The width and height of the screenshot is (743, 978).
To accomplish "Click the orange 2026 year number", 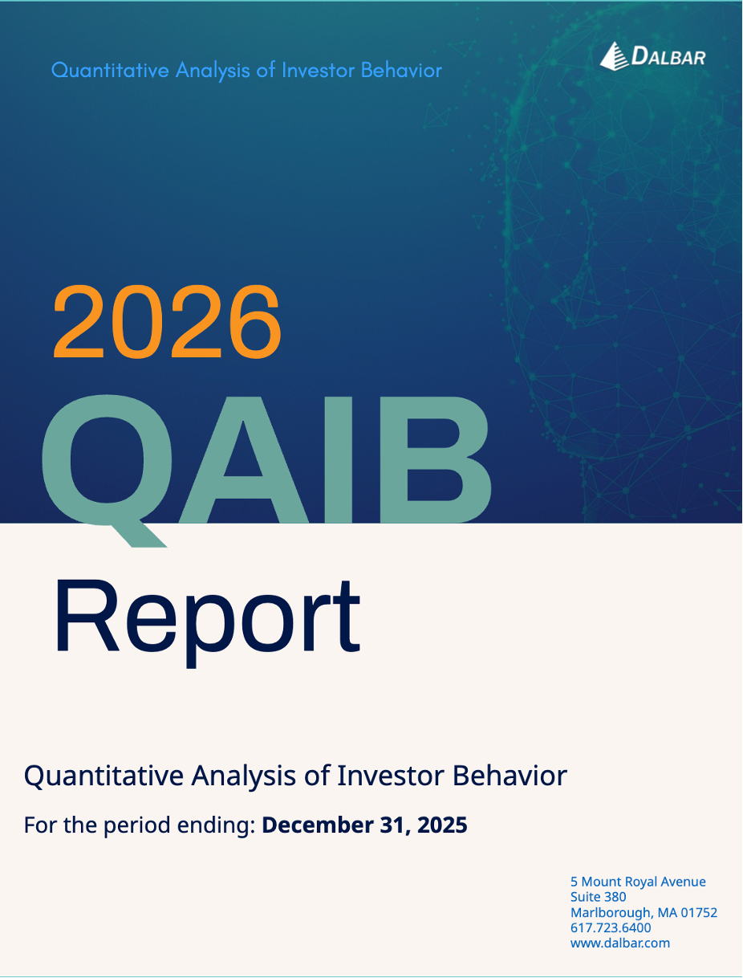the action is [x=167, y=323].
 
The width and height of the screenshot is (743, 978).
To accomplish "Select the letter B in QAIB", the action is [x=445, y=460].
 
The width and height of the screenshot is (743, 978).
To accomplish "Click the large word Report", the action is [x=207, y=617].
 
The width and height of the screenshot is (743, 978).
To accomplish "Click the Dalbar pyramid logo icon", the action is [x=613, y=55].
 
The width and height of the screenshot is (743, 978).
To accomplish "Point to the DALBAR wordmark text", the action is [x=668, y=56].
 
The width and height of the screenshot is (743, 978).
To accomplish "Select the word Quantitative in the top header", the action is [x=110, y=70].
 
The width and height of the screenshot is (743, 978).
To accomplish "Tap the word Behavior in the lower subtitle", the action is [x=510, y=776].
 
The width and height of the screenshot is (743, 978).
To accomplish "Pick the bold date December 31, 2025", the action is [x=364, y=825].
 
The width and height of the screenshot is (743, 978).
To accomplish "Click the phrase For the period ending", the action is [x=140, y=825].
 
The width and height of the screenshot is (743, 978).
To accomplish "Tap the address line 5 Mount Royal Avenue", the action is [x=638, y=882].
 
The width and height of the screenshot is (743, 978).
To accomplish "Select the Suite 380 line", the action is [x=598, y=897].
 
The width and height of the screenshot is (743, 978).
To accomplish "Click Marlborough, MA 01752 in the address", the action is [x=644, y=912].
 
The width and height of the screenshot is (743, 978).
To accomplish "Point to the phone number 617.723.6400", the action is [x=611, y=927].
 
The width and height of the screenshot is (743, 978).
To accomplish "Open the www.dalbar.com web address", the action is [x=619, y=943].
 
